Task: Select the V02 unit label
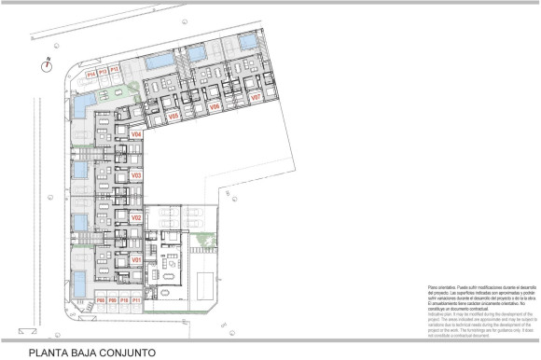point(136,217)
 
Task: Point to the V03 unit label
point(136,175)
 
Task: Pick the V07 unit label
point(255,96)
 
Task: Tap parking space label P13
point(103,72)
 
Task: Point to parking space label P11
point(136,300)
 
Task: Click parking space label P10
point(124,300)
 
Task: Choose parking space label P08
point(100,300)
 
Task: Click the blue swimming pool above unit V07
point(249,42)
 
